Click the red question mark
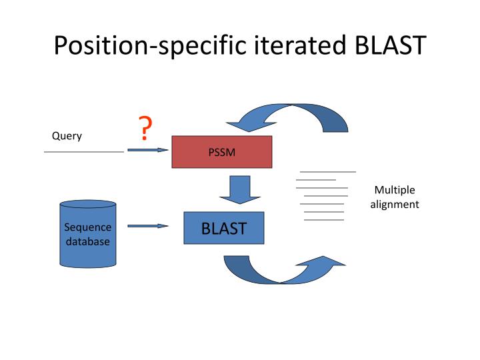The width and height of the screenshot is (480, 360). point(144,128)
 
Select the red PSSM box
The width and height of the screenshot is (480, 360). point(222,152)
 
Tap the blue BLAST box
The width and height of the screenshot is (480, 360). point(224,228)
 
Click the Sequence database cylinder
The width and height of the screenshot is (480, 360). point(87,233)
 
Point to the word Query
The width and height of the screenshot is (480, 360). point(67,136)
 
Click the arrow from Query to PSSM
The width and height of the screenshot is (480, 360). point(147,150)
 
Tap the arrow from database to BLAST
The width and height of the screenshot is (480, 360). point(147,226)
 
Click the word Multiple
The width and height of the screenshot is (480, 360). point(395,190)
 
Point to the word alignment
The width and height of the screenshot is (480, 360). point(395,205)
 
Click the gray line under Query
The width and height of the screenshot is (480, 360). point(84,152)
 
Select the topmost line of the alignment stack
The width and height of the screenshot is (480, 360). point(327,172)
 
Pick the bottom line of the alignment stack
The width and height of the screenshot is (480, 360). point(324,219)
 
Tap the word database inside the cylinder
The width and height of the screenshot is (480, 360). point(87,241)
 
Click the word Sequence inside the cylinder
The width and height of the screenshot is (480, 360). point(87,227)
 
